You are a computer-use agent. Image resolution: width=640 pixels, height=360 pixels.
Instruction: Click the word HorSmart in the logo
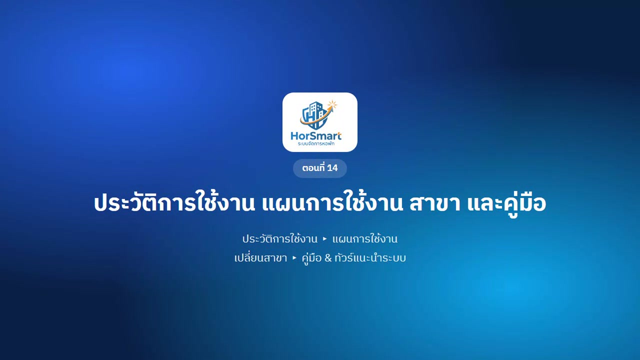click(316, 135)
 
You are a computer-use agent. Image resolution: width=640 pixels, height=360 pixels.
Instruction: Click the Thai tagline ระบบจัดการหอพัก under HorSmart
click(316, 143)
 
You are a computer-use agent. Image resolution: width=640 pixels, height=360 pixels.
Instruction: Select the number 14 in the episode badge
click(332, 168)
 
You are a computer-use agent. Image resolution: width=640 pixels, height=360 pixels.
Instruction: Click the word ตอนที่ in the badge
click(313, 168)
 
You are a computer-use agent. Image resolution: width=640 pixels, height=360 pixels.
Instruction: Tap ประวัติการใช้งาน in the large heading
click(174, 202)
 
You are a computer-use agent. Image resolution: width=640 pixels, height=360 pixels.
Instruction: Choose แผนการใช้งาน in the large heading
click(332, 202)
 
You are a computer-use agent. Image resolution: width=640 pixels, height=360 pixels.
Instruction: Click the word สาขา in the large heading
click(435, 203)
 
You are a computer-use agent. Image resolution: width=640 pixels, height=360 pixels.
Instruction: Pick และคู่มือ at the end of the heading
click(506, 203)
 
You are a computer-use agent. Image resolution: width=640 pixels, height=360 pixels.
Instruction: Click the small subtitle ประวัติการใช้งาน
click(279, 238)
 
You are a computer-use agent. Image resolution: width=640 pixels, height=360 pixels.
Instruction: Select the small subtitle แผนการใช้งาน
click(364, 238)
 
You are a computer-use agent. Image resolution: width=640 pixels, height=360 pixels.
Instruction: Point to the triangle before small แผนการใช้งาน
click(324, 239)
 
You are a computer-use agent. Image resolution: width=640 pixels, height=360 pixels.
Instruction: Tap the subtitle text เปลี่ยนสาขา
click(260, 257)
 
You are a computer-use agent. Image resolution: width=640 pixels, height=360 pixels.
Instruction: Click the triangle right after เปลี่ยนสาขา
click(294, 258)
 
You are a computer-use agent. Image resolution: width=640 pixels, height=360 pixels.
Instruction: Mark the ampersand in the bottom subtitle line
click(328, 258)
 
